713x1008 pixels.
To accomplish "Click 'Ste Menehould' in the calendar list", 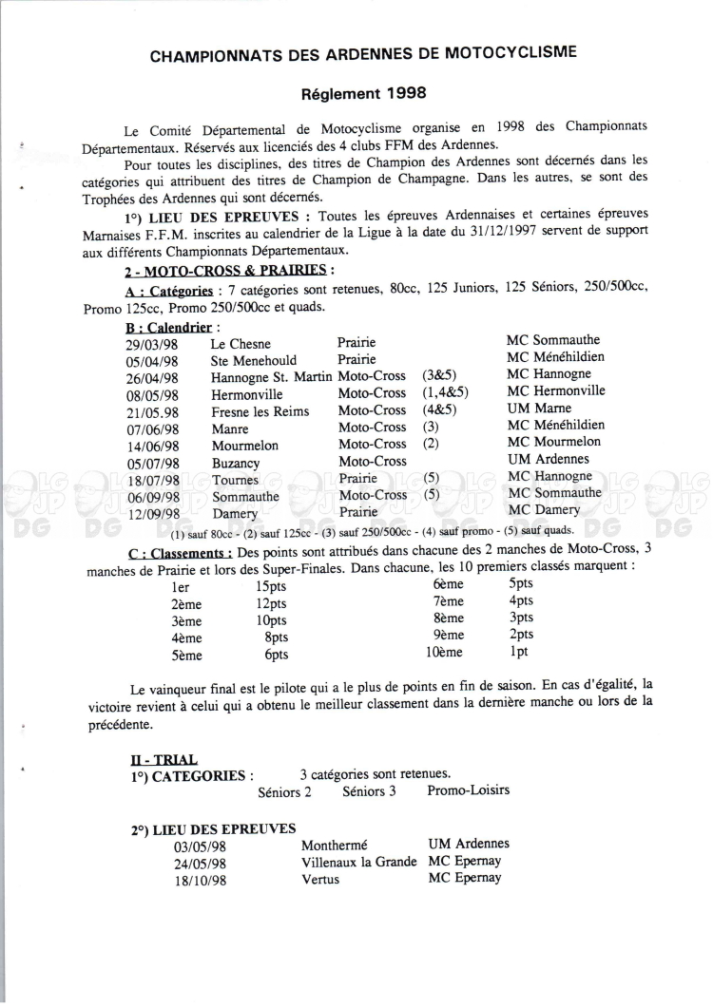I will coord(254,360).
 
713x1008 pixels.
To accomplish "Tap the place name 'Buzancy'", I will coord(235,460).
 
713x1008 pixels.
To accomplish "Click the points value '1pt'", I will coord(519,653).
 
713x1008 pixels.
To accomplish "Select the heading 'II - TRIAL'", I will coord(164,759).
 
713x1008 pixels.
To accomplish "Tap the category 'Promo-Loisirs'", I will coord(469,790).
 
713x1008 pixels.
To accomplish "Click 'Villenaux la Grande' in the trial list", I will coord(358,862).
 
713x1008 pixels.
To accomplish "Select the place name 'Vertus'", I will coord(320,880).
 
